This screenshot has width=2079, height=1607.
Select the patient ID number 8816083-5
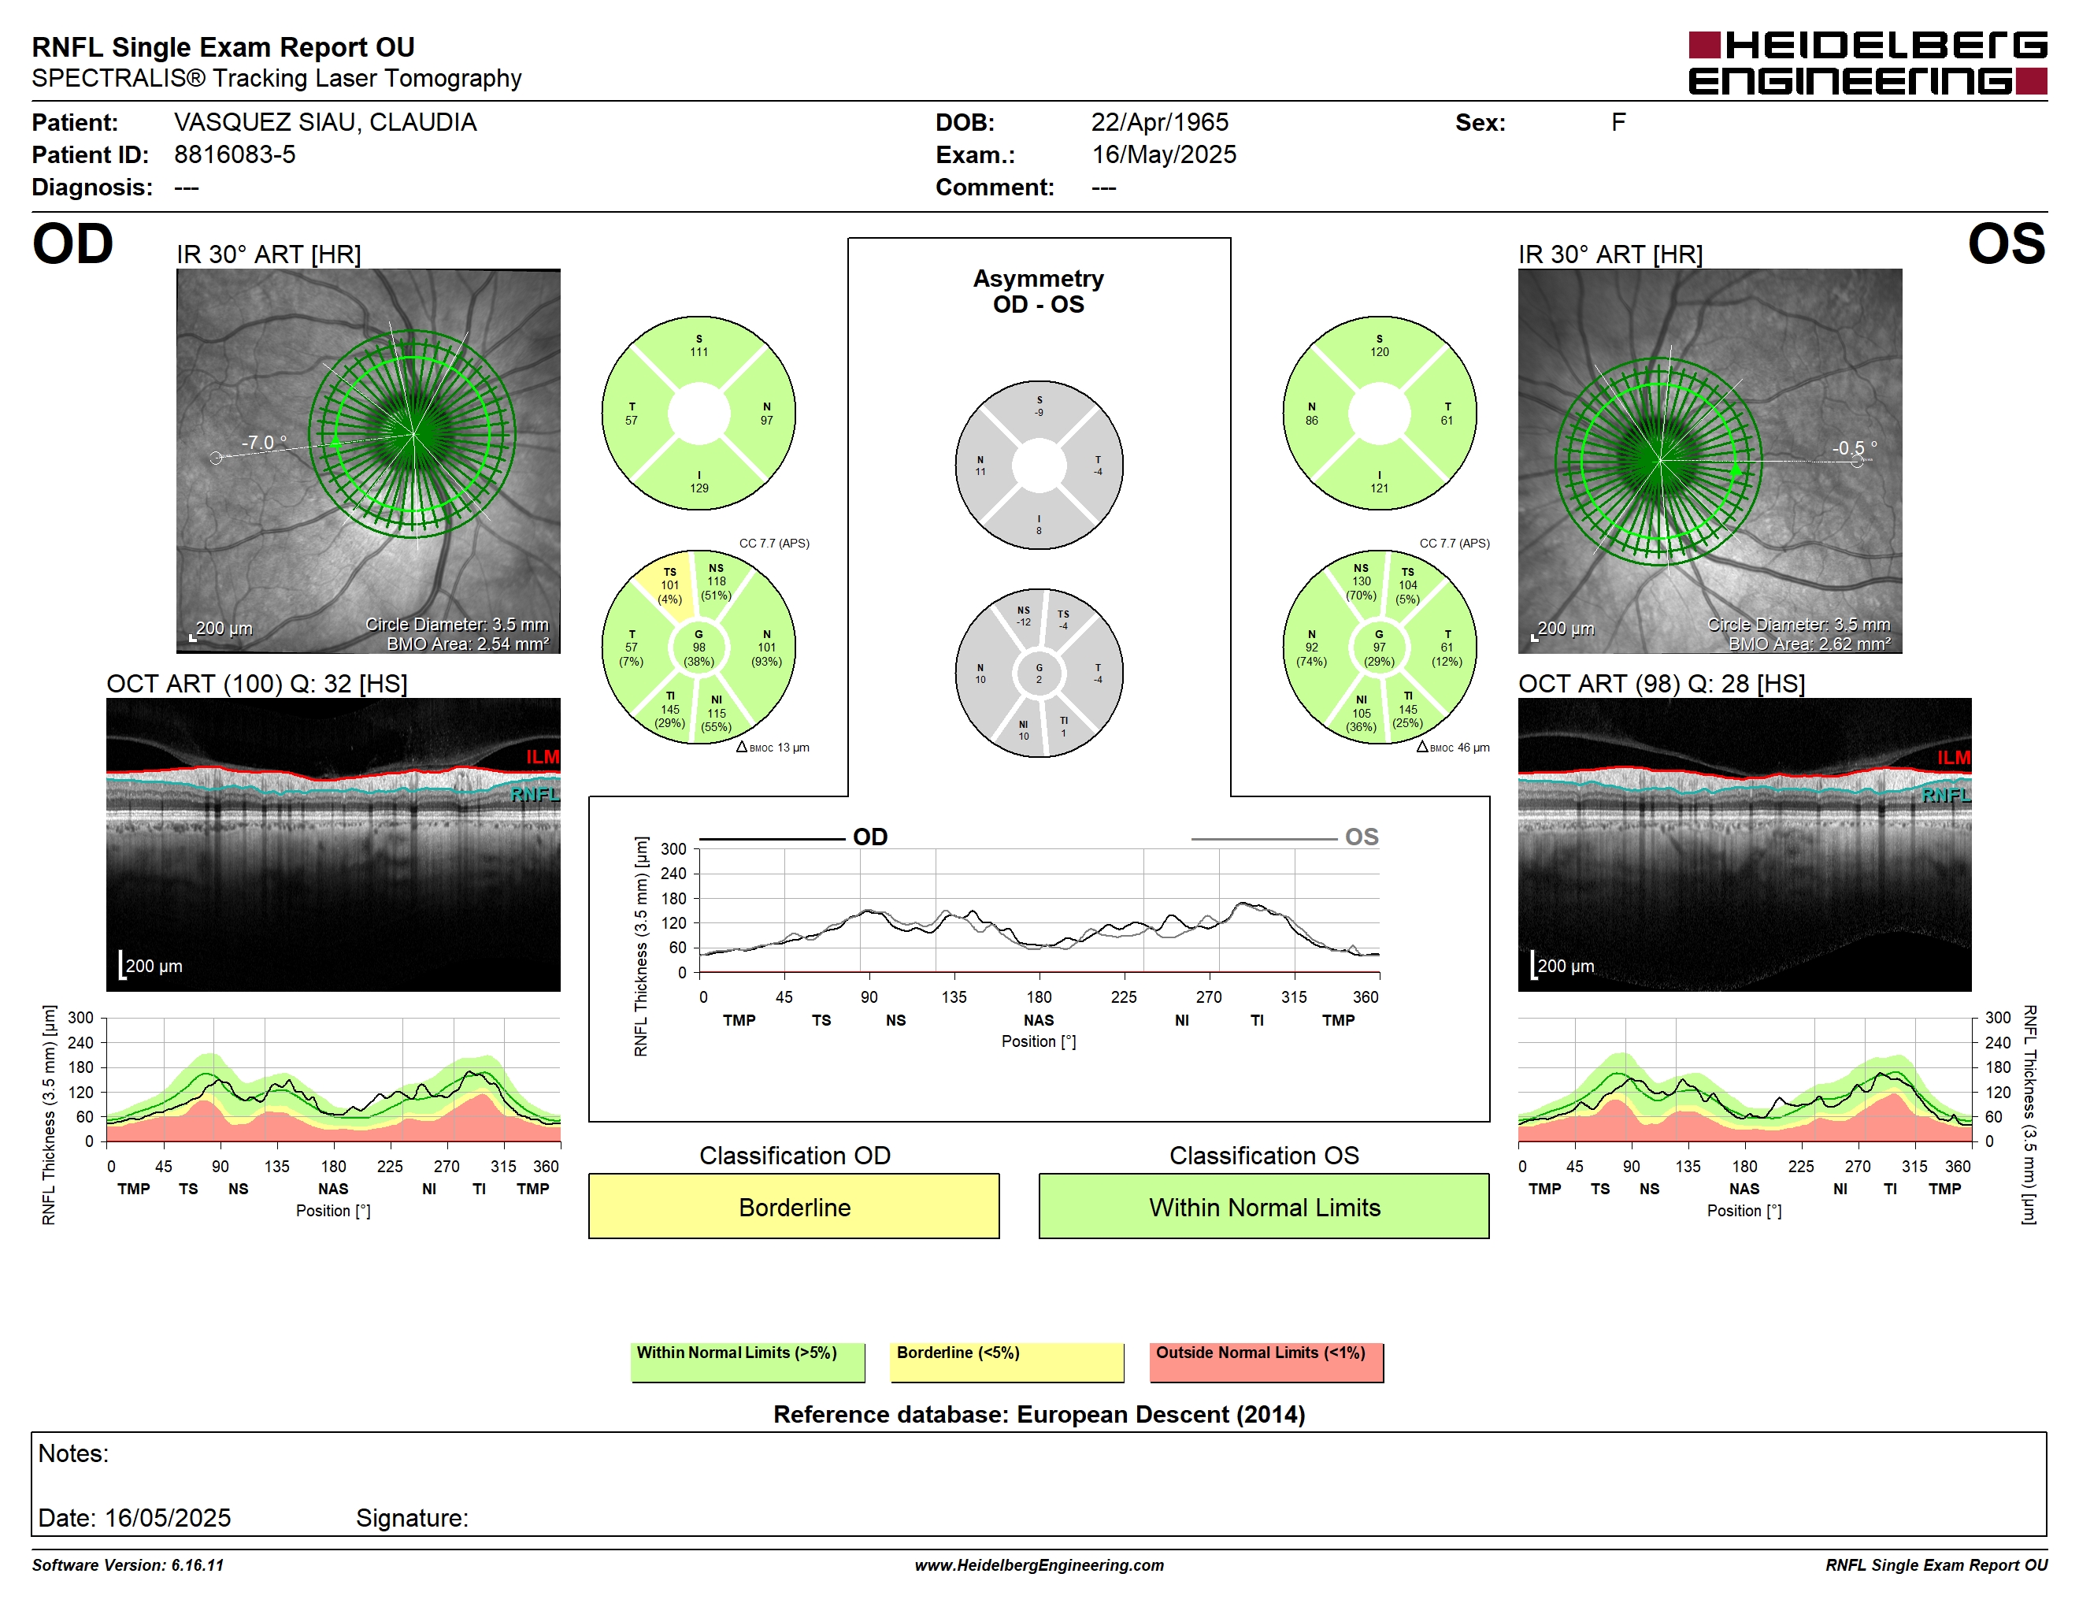click(x=234, y=154)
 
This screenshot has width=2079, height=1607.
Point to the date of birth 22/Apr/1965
click(x=1159, y=122)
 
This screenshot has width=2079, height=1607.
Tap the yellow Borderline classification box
click(x=794, y=1206)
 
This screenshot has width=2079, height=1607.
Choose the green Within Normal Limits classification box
click(x=1263, y=1206)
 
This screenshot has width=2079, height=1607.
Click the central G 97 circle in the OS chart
click(x=1380, y=648)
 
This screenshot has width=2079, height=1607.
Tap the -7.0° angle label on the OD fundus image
click(x=264, y=443)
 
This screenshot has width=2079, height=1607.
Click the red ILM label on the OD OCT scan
click(x=543, y=757)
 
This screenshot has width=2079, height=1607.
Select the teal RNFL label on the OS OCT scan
click(x=1946, y=795)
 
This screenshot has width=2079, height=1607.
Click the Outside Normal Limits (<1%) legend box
click(x=1266, y=1361)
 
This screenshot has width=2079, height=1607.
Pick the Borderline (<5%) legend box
click(x=1006, y=1361)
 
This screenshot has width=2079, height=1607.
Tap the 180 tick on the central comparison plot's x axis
click(x=1039, y=996)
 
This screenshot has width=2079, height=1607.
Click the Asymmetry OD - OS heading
click(x=1039, y=291)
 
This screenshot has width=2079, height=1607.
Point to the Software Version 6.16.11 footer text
click(x=128, y=1565)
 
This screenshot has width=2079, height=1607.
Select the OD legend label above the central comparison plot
click(x=870, y=837)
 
